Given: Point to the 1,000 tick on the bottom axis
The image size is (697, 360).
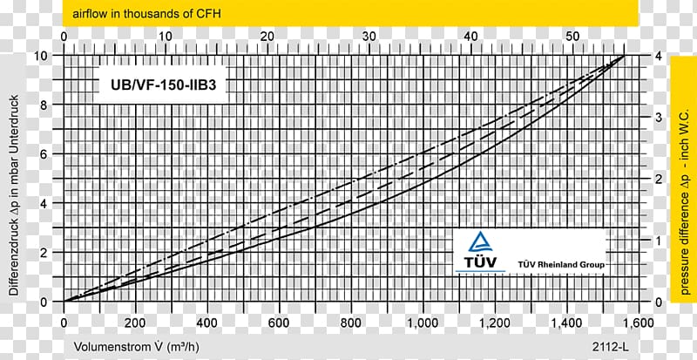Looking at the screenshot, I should click(x=422, y=323).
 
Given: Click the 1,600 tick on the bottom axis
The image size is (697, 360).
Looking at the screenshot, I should click(x=637, y=323).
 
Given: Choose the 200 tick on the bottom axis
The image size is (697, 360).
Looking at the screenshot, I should click(x=135, y=323).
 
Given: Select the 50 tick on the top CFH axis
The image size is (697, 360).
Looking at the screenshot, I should click(x=572, y=37).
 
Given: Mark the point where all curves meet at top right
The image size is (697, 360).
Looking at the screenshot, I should click(x=624, y=56).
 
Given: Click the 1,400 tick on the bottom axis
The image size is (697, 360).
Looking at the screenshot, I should click(x=565, y=323).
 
